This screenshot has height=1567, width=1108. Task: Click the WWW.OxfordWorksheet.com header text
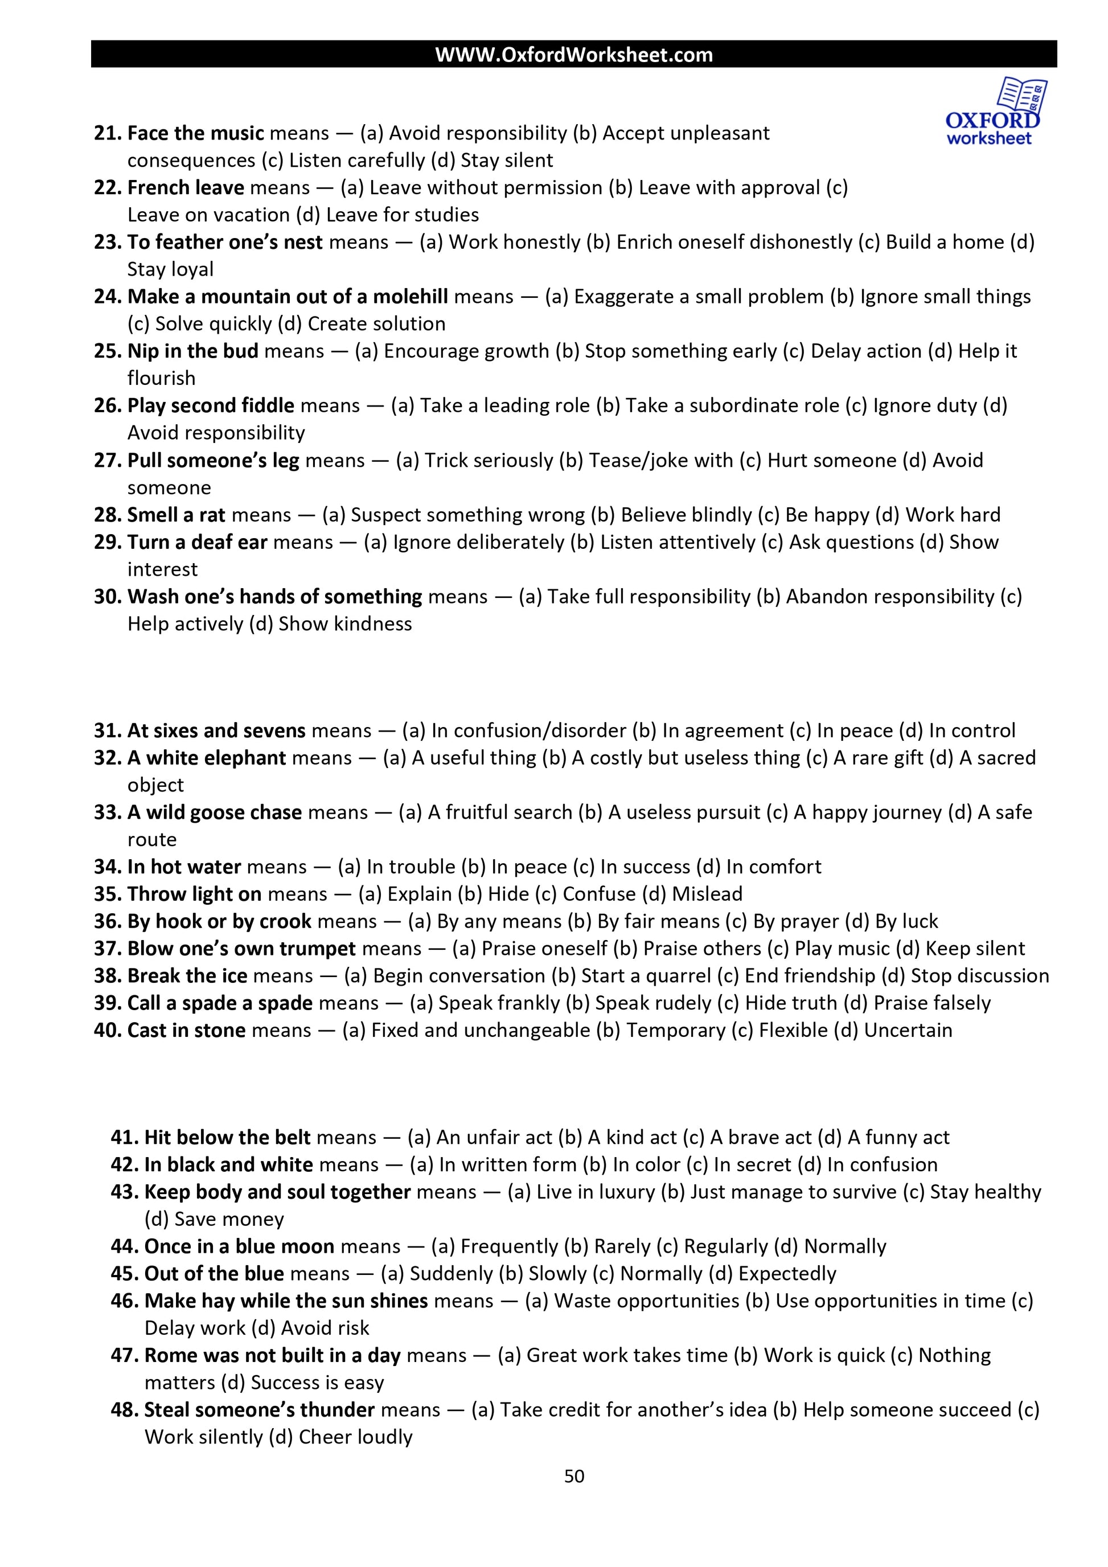pos(574,55)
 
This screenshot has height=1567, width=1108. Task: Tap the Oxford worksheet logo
pos(994,113)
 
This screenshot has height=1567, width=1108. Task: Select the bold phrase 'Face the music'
pos(195,133)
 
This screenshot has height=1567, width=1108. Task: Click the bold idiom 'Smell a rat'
pos(176,515)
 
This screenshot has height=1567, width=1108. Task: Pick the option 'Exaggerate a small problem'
pos(698,297)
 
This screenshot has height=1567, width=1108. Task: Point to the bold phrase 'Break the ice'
pos(187,977)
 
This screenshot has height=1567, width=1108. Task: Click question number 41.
pos(124,1138)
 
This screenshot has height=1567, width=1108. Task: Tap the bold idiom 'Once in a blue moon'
pos(240,1247)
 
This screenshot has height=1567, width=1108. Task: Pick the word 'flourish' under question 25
pos(162,379)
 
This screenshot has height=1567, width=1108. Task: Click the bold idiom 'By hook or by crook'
pos(220,922)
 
